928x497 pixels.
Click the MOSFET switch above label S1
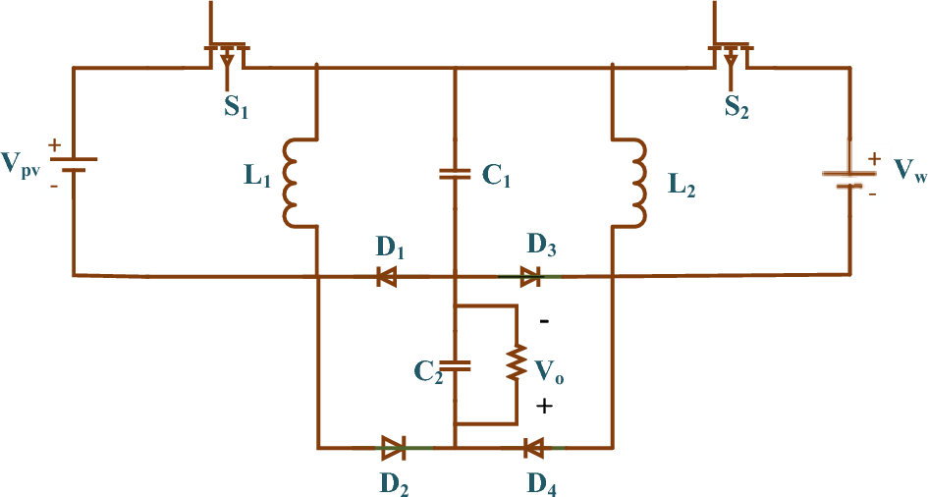click(x=227, y=53)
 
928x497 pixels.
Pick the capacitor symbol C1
click(x=455, y=174)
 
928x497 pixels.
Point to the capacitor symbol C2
click(x=455, y=365)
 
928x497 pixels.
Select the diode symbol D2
click(x=393, y=449)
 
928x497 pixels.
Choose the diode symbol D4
click(x=533, y=449)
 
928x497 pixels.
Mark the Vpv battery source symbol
click(x=74, y=162)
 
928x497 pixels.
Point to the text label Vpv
click(x=23, y=163)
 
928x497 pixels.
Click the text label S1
click(x=236, y=109)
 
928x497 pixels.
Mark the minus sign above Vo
click(x=545, y=321)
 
